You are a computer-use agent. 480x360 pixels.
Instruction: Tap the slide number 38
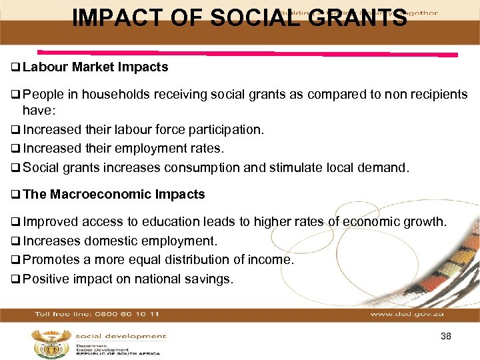coord(446,336)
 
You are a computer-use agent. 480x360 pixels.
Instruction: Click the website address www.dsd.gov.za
coord(406,313)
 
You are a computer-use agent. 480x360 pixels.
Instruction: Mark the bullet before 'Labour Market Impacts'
coord(15,67)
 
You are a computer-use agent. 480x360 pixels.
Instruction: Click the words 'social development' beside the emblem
coord(120,336)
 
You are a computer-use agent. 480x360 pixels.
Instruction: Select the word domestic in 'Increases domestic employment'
coord(107,241)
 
